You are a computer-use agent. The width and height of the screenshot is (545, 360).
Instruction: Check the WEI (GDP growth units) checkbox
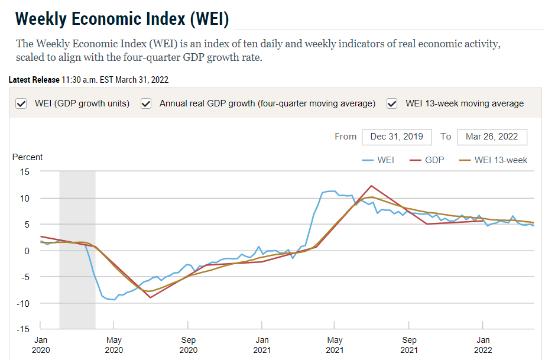pyautogui.click(x=21, y=103)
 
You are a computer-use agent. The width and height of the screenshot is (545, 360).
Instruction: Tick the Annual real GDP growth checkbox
pyautogui.click(x=147, y=103)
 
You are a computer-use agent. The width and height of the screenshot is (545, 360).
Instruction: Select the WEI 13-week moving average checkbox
pyautogui.click(x=392, y=103)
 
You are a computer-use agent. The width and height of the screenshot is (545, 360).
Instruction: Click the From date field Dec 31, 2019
pyautogui.click(x=397, y=137)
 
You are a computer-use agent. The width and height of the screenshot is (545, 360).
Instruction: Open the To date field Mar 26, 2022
pyautogui.click(x=492, y=137)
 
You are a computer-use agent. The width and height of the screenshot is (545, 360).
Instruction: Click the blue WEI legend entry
pyautogui.click(x=378, y=160)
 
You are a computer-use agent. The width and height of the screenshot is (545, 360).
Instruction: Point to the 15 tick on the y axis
pyautogui.click(x=24, y=172)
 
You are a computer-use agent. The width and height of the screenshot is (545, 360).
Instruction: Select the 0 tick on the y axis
pyautogui.click(x=27, y=251)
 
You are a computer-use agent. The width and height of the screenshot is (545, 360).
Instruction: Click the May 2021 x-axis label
pyautogui.click(x=335, y=345)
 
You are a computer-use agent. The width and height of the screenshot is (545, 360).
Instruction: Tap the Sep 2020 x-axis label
pyautogui.click(x=188, y=345)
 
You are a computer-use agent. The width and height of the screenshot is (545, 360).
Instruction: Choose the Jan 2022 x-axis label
pyautogui.click(x=483, y=345)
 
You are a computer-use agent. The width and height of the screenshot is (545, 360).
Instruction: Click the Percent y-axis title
pyautogui.click(x=28, y=157)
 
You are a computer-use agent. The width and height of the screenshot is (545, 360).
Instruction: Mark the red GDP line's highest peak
pyautogui.click(x=371, y=186)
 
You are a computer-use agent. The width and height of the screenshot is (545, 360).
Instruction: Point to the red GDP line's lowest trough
pyautogui.click(x=150, y=297)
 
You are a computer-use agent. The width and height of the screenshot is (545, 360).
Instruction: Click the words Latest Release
pyautogui.click(x=34, y=80)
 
